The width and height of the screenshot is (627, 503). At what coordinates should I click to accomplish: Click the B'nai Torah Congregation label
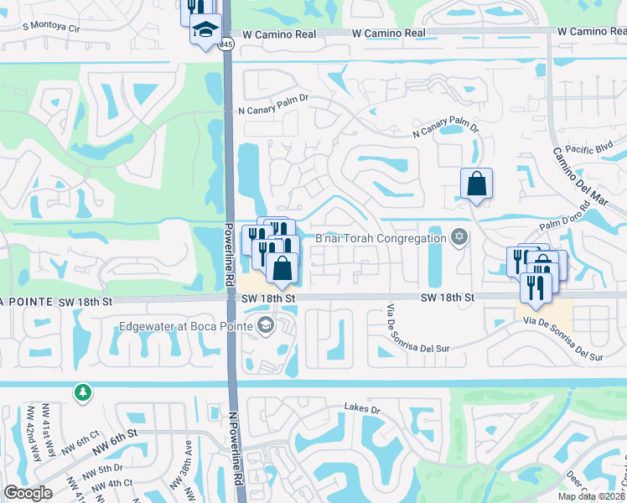tap(380, 239)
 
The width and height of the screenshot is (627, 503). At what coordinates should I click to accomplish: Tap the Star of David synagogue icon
tap(458, 238)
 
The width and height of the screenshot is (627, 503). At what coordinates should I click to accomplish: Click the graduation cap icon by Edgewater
tap(266, 325)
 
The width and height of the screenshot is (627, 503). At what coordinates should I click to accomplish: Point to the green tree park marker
tap(82, 392)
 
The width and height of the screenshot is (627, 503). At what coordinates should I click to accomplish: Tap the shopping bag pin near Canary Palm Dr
tap(476, 184)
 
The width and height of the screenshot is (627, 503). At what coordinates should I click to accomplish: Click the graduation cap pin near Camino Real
tap(205, 30)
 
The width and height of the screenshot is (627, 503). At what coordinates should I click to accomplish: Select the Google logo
tap(28, 493)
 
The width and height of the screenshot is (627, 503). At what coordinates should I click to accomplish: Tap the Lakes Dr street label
tap(362, 408)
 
